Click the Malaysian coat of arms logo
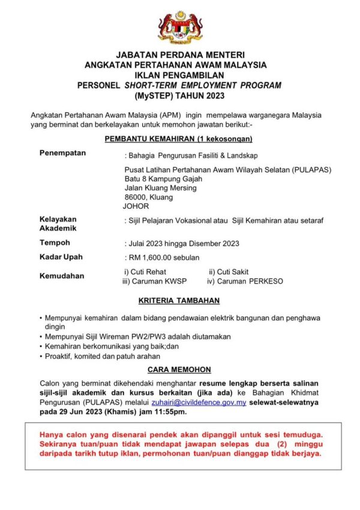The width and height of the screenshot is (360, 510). click(180, 27)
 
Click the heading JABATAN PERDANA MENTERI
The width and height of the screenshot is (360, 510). click(180, 55)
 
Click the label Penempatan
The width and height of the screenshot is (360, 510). click(62, 153)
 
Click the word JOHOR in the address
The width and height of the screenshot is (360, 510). click(136, 206)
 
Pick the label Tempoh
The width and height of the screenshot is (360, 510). click(55, 243)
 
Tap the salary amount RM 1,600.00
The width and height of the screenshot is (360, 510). click(149, 257)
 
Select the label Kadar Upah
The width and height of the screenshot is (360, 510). click(61, 257)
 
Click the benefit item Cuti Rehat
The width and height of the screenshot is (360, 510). click(142, 272)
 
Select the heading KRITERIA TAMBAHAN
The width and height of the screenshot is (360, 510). click(180, 300)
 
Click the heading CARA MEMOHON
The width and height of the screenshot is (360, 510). click(180, 370)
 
